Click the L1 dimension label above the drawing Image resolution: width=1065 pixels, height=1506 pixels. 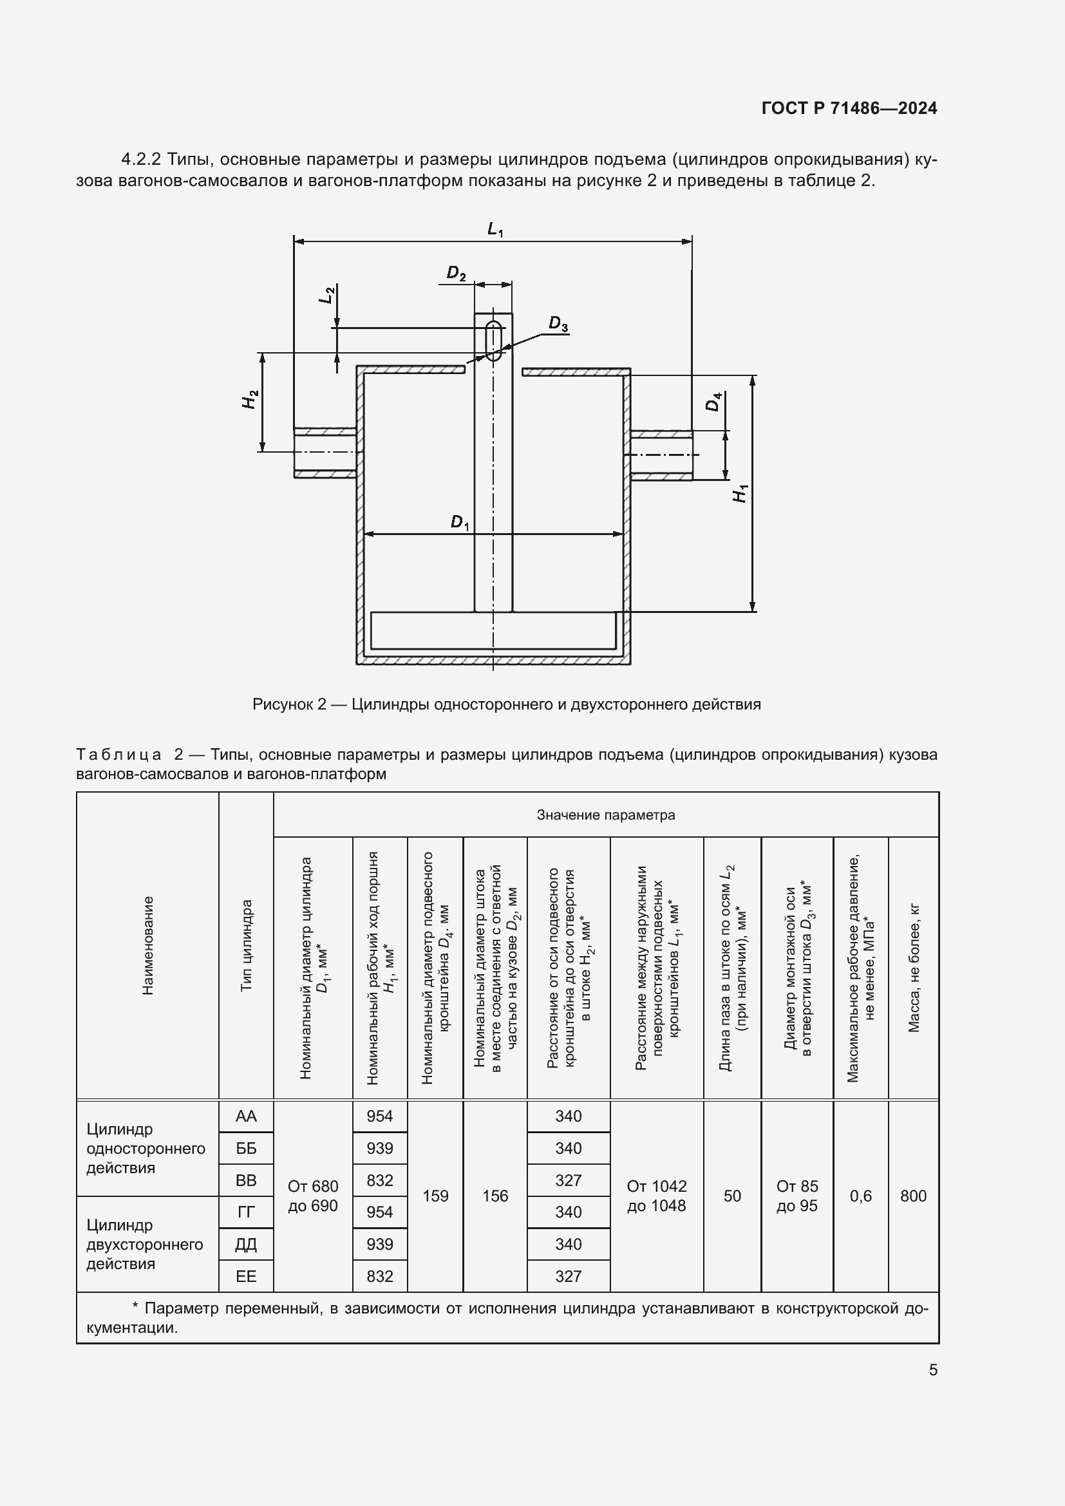click(x=495, y=230)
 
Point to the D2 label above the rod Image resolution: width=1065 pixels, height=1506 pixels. click(x=456, y=274)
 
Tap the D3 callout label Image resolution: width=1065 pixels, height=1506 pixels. click(x=558, y=324)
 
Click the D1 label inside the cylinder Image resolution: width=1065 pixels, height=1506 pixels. click(x=460, y=523)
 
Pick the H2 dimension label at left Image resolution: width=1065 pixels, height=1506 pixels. click(x=250, y=399)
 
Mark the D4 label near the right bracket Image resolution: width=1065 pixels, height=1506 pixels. click(x=713, y=401)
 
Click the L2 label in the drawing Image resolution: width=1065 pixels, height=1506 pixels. click(x=327, y=294)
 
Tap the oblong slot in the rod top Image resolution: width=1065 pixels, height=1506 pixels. click(x=493, y=341)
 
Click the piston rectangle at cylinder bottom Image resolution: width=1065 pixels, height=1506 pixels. click(x=493, y=630)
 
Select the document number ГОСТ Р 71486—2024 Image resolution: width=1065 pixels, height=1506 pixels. click(x=849, y=109)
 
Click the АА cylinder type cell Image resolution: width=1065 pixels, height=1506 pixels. click(x=246, y=1116)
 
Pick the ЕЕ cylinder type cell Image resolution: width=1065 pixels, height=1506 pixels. click(x=246, y=1275)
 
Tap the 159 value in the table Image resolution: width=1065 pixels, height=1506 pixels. click(x=435, y=1196)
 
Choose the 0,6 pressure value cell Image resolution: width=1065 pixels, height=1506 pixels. click(x=860, y=1196)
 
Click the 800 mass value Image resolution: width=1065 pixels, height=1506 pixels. click(x=913, y=1196)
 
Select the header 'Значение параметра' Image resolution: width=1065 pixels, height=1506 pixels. click(x=605, y=814)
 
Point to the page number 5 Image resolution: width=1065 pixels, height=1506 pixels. click(x=932, y=1370)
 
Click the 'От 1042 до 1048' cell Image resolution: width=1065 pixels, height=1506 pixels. click(x=656, y=1196)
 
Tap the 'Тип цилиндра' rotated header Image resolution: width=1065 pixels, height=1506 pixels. click(x=246, y=945)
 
